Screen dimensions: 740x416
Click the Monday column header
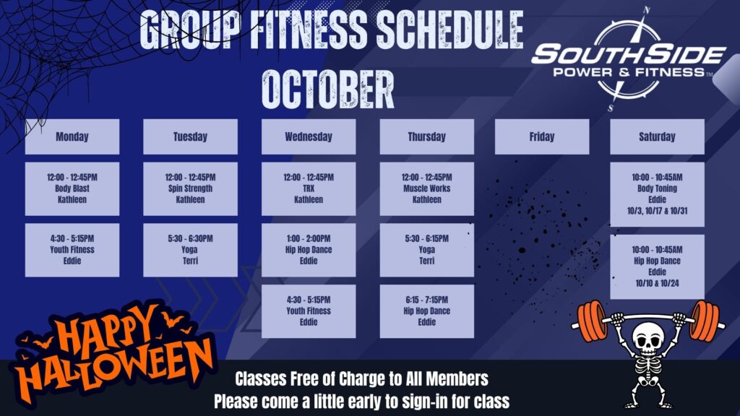click(72, 136)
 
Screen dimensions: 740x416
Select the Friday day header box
click(542, 136)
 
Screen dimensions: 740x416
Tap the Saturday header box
click(657, 136)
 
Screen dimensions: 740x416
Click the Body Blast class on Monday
click(72, 188)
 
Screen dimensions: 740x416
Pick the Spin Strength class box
click(190, 188)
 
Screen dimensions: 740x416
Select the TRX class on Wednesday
click(309, 188)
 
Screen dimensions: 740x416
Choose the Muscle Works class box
click(426, 188)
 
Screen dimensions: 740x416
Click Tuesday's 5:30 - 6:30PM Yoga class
click(190, 250)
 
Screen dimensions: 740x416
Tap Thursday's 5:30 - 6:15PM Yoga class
click(426, 250)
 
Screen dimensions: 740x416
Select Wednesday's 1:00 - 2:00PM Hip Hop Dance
click(309, 250)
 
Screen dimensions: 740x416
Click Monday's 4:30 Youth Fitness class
click(72, 250)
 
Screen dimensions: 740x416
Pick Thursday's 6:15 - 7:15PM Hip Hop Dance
click(426, 311)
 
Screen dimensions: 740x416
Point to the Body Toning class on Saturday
click(657, 194)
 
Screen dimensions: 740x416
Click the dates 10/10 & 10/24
click(657, 283)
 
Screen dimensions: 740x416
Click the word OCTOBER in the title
click(328, 89)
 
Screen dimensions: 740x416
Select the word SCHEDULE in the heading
click(449, 30)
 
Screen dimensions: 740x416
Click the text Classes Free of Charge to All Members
click(361, 378)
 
